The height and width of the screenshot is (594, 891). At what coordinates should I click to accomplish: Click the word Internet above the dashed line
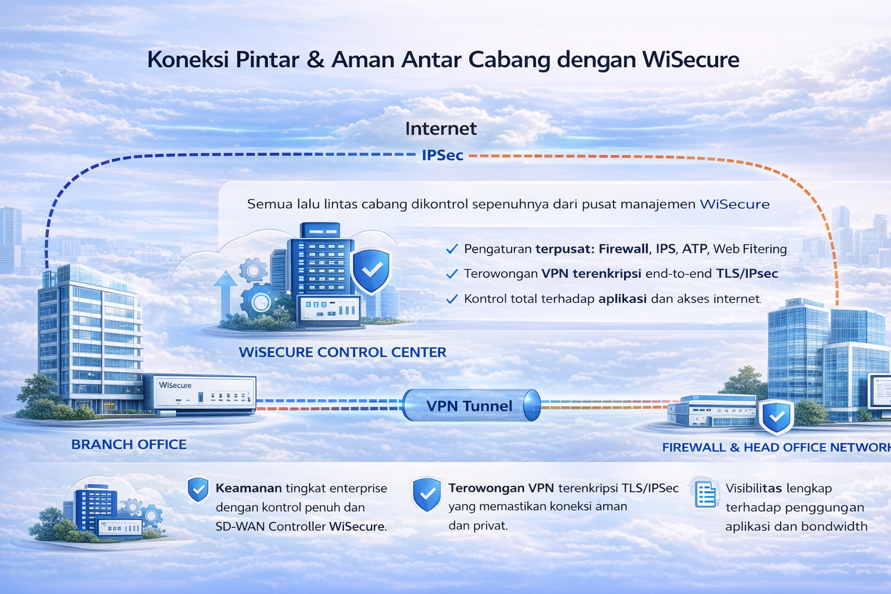(441, 129)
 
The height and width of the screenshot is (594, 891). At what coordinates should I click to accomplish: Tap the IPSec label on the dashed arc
(443, 155)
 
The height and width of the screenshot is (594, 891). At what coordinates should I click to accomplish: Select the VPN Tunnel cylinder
(472, 405)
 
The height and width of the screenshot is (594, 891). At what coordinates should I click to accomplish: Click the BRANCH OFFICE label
(129, 444)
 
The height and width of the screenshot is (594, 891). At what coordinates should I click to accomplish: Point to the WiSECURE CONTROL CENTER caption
(342, 352)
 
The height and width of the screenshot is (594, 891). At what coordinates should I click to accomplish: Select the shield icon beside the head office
(777, 417)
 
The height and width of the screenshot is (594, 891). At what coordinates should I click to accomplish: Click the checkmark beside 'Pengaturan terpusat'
(452, 249)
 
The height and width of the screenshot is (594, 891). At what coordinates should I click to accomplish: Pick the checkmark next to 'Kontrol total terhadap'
(452, 299)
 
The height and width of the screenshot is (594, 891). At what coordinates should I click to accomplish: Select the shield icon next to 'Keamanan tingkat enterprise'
(198, 490)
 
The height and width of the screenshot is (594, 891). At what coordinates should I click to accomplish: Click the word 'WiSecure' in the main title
(690, 60)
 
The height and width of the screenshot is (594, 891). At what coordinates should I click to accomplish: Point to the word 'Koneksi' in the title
(188, 60)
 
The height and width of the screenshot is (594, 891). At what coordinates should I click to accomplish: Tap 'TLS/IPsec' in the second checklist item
(747, 274)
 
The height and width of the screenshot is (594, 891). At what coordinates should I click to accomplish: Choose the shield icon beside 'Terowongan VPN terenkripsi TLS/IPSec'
(427, 495)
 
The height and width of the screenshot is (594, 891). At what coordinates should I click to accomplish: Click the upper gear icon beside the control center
(253, 270)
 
